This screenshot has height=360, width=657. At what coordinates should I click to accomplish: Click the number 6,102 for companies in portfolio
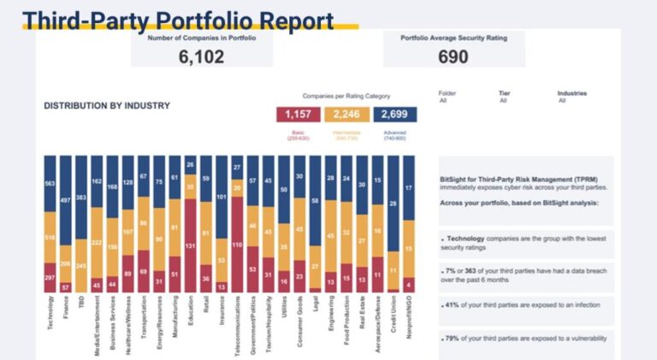[x=202, y=56]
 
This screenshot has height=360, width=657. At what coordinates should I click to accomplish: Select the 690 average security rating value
[x=453, y=56]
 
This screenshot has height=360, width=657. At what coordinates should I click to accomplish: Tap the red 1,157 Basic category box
[x=299, y=115]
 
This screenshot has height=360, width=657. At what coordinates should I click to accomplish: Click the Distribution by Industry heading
[x=107, y=106]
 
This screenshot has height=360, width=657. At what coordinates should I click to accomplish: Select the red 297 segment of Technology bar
[x=50, y=277]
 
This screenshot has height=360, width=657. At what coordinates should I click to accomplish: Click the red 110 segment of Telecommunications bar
[x=237, y=245]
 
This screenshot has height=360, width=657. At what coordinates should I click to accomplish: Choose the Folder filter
[x=447, y=97]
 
